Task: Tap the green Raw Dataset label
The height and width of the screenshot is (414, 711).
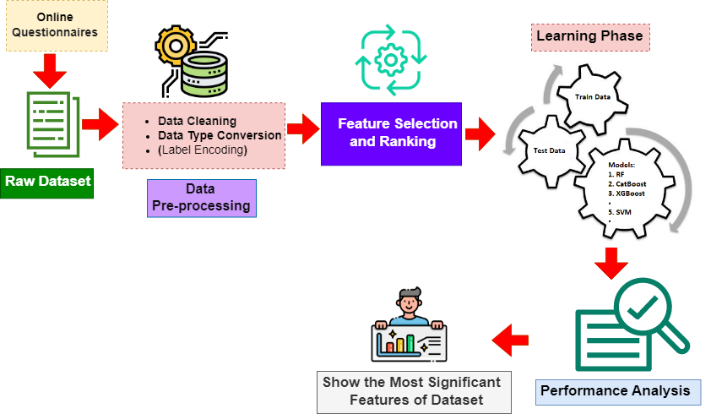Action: [47, 181]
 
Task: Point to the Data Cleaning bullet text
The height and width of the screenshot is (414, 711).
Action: [197, 121]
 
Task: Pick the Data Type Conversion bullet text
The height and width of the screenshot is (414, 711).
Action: [220, 135]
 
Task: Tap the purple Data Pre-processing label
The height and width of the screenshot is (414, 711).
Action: [200, 198]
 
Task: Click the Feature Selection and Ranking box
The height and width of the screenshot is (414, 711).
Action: [391, 133]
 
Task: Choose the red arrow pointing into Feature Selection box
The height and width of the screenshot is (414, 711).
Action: [302, 128]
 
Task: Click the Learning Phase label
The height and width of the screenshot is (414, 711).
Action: [590, 36]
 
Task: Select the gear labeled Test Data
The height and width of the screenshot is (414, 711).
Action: [550, 151]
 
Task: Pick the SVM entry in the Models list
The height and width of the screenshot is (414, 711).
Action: [623, 212]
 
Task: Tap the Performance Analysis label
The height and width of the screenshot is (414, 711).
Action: [619, 390]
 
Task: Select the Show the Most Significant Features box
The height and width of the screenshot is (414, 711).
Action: [414, 390]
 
